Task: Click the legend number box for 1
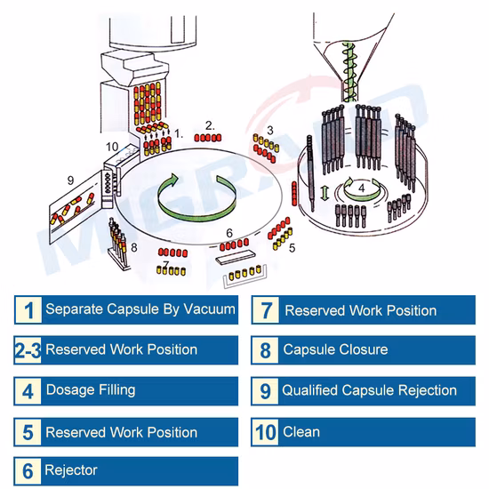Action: click(28, 310)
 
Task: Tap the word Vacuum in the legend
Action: click(209, 309)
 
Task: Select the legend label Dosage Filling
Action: click(91, 390)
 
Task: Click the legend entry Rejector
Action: click(71, 470)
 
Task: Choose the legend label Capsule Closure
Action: click(335, 349)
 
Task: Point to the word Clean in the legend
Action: click(301, 432)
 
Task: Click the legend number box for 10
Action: click(266, 432)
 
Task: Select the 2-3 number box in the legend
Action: click(28, 350)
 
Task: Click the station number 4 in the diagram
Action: click(362, 188)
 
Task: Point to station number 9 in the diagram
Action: click(71, 180)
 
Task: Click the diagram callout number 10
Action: click(112, 147)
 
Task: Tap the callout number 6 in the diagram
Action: click(229, 233)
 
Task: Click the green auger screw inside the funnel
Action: click(349, 72)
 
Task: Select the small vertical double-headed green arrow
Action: click(325, 192)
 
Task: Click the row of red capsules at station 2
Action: click(208, 138)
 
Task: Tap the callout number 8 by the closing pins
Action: click(133, 247)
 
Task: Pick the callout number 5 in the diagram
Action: click(292, 248)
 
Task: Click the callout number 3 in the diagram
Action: click(270, 130)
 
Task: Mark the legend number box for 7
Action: click(266, 310)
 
